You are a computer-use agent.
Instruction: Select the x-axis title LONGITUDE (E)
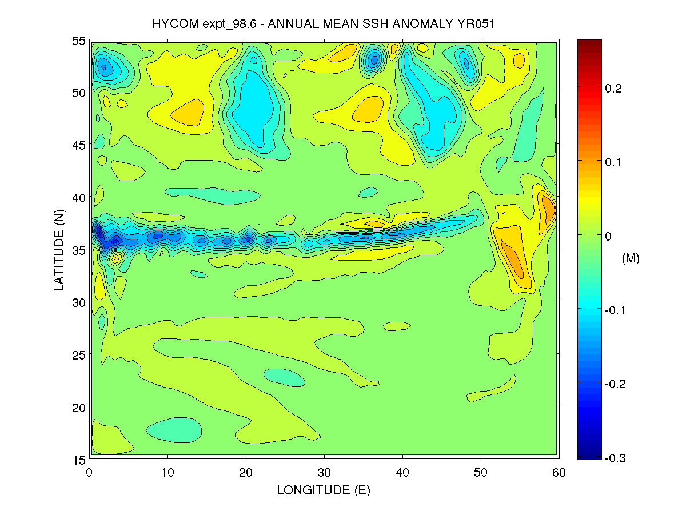(x=324, y=490)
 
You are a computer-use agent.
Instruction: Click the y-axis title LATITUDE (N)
(x=59, y=249)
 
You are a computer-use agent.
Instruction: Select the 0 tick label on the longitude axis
(x=89, y=472)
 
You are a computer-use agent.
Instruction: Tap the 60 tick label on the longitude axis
(x=559, y=472)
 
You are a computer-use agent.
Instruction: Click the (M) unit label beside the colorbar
(x=630, y=258)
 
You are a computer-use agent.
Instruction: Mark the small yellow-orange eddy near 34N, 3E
(x=116, y=258)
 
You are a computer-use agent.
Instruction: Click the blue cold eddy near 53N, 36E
(x=374, y=58)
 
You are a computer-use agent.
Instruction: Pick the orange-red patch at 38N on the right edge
(x=549, y=209)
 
